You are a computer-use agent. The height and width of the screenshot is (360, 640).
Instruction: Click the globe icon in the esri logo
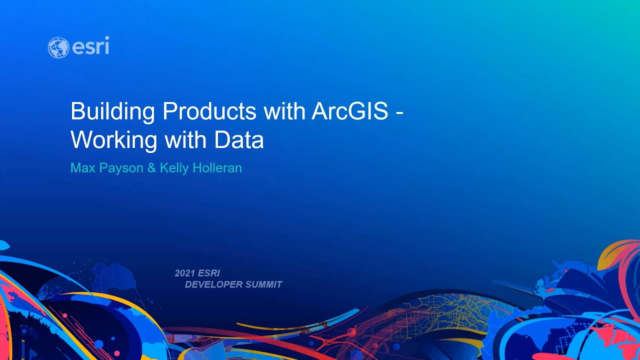[x=58, y=47]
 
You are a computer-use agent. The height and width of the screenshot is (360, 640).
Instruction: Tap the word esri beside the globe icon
[x=90, y=47]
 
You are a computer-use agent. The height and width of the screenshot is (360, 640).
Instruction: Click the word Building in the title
[x=112, y=111]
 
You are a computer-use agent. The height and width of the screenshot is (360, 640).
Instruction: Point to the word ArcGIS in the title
[x=349, y=111]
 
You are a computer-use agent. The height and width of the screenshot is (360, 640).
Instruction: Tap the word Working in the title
[x=114, y=140]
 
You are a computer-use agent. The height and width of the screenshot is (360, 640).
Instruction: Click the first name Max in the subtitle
[x=82, y=168]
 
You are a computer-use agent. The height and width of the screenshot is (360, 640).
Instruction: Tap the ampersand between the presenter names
[x=151, y=168]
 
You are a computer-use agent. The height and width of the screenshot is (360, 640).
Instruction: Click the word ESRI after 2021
[x=209, y=273]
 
